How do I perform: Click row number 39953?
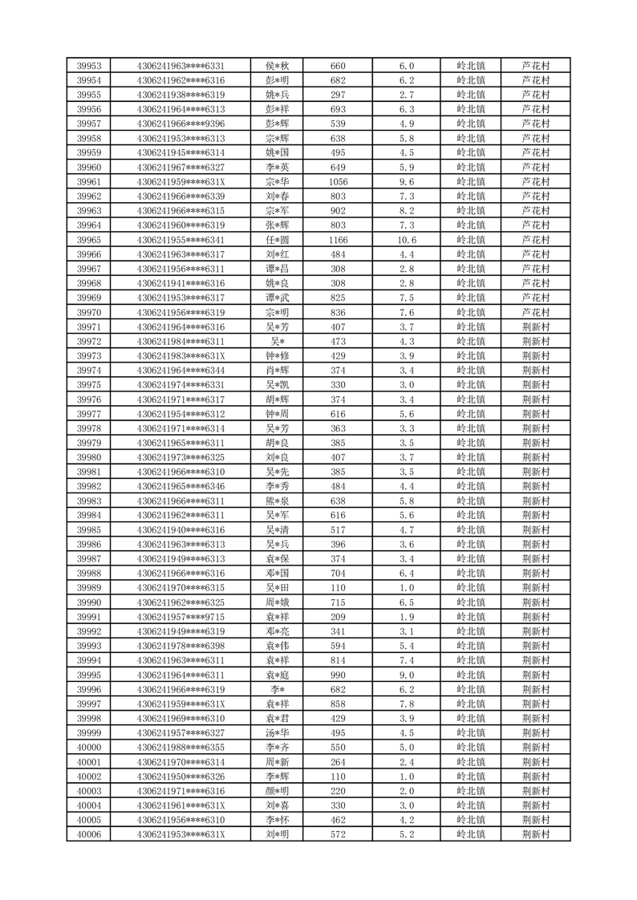pos(88,66)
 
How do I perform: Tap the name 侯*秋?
pos(278,66)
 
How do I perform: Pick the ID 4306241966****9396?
pos(181,124)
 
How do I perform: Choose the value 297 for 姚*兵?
pos(338,95)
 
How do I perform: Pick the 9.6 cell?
pos(406,181)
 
